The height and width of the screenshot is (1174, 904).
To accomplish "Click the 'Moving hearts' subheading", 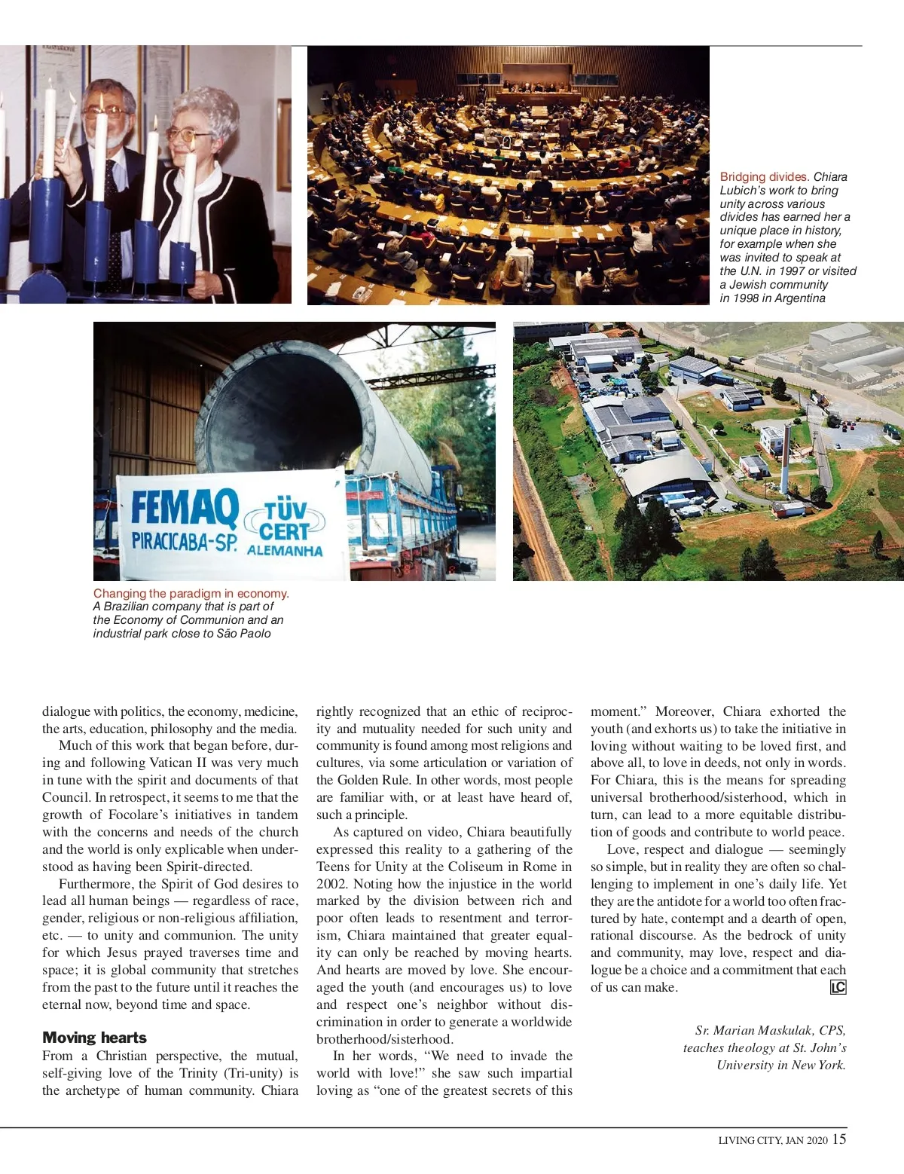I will (x=94, y=1038).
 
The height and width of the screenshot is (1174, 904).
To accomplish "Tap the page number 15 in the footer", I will (x=839, y=1139).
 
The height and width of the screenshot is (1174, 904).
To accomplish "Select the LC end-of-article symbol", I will (x=838, y=987).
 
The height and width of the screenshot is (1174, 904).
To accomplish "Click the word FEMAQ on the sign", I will (x=185, y=507).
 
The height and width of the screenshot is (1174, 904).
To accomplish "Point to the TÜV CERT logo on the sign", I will (x=285, y=521).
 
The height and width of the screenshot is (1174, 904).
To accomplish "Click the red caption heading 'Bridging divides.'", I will (x=764, y=177).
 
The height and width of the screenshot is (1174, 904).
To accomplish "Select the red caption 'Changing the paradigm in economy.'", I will (x=191, y=594).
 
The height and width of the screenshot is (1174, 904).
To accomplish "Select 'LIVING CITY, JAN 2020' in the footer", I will (x=772, y=1140).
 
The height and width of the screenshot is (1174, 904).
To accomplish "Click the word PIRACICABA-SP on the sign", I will (x=184, y=542).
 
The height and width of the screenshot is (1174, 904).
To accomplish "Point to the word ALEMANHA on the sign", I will (x=285, y=550).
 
